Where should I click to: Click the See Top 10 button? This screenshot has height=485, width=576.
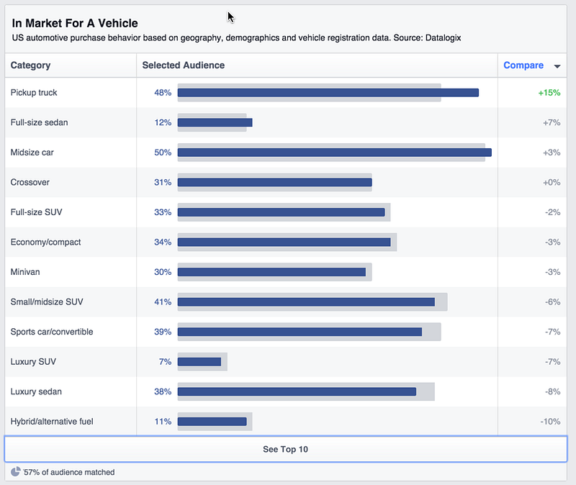point(285,449)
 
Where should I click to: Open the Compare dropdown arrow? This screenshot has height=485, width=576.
point(557,66)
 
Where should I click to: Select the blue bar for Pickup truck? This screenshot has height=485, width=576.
point(328,93)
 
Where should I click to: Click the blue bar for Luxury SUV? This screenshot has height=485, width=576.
point(199,362)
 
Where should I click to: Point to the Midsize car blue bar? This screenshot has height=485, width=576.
point(335,153)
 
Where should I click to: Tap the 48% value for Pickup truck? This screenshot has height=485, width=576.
point(163,93)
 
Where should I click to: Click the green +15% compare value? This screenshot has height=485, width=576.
point(549,93)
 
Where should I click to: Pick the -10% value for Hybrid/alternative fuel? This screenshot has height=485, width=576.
point(550,422)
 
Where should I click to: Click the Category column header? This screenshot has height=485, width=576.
point(30,65)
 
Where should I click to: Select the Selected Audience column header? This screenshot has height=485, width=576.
point(184,65)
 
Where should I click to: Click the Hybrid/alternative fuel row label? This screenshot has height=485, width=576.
point(52,422)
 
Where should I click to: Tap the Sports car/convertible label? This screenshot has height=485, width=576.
point(52,332)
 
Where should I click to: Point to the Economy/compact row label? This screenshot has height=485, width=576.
point(45,242)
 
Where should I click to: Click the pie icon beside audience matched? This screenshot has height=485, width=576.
point(15,471)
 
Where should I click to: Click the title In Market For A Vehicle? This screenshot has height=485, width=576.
point(75,23)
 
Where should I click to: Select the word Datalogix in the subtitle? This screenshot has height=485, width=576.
point(443,38)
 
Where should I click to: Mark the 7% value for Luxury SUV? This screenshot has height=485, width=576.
point(166,362)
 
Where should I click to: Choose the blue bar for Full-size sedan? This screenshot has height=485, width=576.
point(215,122)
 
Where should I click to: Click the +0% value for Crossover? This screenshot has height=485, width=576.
point(552,183)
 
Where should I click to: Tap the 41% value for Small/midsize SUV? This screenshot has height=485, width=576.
point(163,302)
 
